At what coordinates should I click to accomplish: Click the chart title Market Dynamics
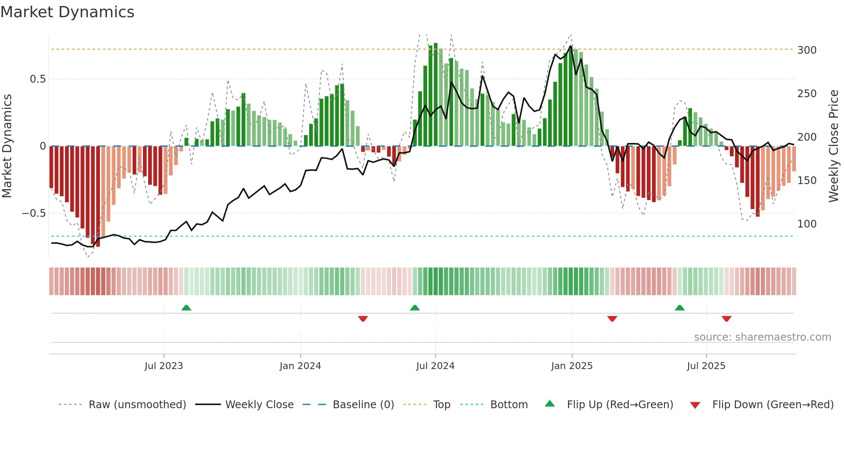67,12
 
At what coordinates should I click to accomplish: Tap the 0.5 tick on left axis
37,79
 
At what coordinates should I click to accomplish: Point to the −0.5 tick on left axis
34,213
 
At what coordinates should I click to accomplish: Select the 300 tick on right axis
807,50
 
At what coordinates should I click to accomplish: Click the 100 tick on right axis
807,224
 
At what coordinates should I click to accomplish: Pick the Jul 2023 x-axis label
164,366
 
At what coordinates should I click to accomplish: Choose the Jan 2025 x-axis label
571,366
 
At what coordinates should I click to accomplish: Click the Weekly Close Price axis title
834,146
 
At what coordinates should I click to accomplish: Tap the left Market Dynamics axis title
7,146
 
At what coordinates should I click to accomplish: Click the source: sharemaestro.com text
762,337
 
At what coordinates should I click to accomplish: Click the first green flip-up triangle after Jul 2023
186,308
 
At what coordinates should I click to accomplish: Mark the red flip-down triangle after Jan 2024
363,319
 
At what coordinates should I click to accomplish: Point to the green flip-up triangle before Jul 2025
680,308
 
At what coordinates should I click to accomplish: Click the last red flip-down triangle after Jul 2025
726,319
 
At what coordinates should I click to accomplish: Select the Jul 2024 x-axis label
435,366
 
